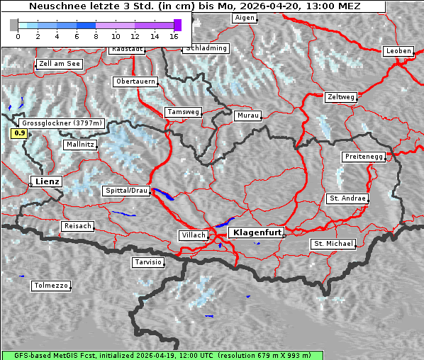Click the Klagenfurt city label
point(258,232)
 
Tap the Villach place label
point(194,235)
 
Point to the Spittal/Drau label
point(127,191)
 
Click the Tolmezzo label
point(51,286)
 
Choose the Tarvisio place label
point(148,262)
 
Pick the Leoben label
point(398,51)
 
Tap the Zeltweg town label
point(340,96)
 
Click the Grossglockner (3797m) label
point(62,123)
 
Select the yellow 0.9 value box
point(20,133)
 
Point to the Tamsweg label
point(184,112)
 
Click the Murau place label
point(248,115)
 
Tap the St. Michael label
point(333,244)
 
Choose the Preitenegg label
point(364,157)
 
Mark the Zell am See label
point(60,64)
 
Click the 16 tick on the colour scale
point(174,35)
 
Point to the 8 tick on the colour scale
point(96,35)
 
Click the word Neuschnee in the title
point(54,6)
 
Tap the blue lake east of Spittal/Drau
point(163,193)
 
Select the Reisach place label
point(78,226)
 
